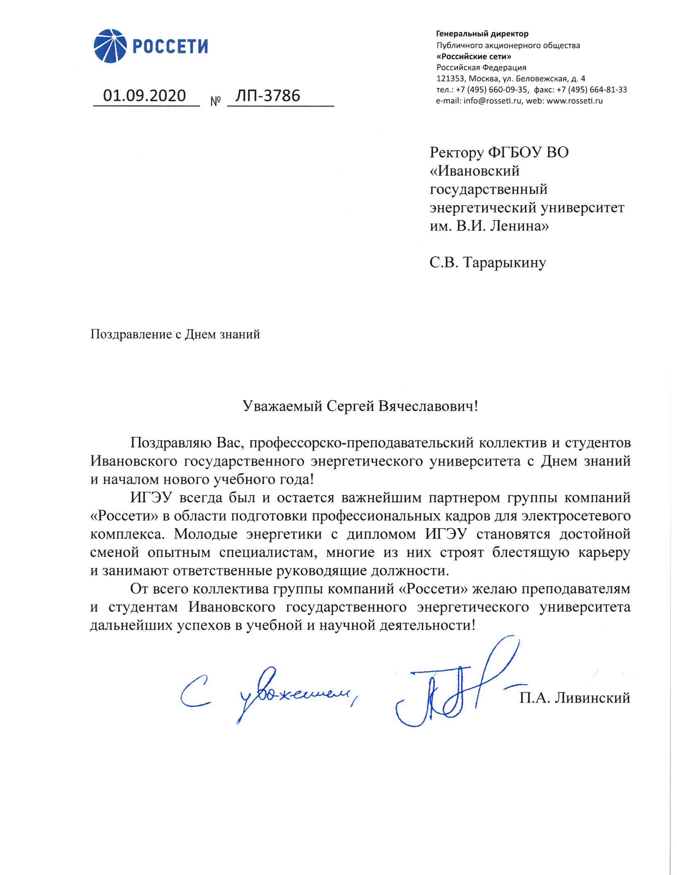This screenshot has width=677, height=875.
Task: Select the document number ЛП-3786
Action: pyautogui.click(x=267, y=95)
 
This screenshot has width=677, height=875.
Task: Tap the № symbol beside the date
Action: pyautogui.click(x=215, y=101)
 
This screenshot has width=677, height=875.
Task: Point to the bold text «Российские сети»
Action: pyautogui.click(x=473, y=57)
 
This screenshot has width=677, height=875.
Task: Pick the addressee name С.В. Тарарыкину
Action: pyautogui.click(x=487, y=262)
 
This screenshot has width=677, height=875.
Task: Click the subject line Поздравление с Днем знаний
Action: pyautogui.click(x=175, y=335)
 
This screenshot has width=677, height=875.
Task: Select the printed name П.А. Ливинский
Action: pyautogui.click(x=575, y=697)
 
